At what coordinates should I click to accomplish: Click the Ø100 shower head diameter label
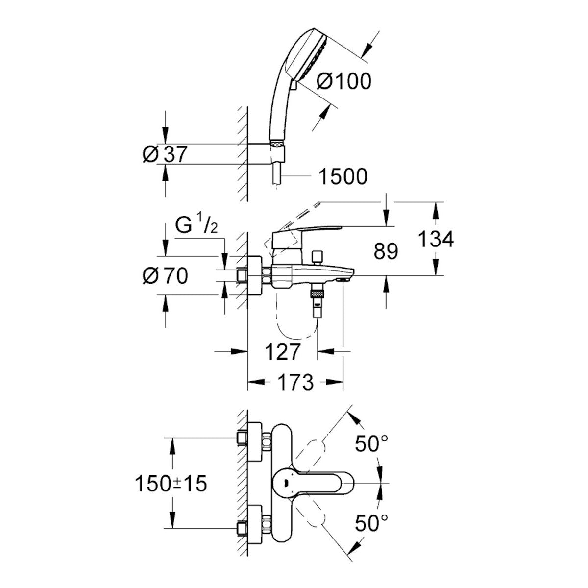pyautogui.click(x=343, y=81)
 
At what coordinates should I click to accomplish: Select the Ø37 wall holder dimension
pyautogui.click(x=165, y=154)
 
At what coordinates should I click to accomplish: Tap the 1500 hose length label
pyautogui.click(x=343, y=176)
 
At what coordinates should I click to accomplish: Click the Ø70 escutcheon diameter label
pyautogui.click(x=165, y=277)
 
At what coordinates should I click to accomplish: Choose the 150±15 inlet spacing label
pyautogui.click(x=171, y=484)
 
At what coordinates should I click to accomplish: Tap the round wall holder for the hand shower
pyautogui.click(x=265, y=154)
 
